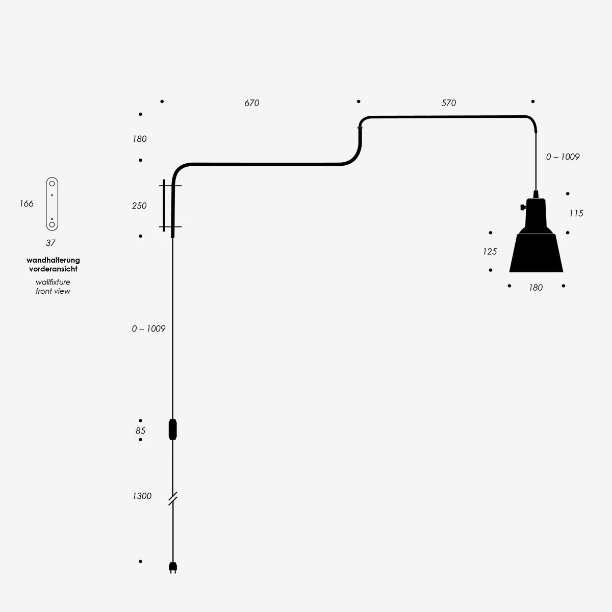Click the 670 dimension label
(251, 103)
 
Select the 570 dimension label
(448, 103)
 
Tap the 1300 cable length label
(142, 496)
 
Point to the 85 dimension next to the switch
(140, 430)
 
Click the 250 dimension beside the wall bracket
(139, 206)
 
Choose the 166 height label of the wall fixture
(27, 203)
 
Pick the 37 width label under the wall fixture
(50, 243)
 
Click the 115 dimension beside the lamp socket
(576, 213)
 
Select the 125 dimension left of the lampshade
(490, 251)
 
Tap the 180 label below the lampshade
(536, 288)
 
